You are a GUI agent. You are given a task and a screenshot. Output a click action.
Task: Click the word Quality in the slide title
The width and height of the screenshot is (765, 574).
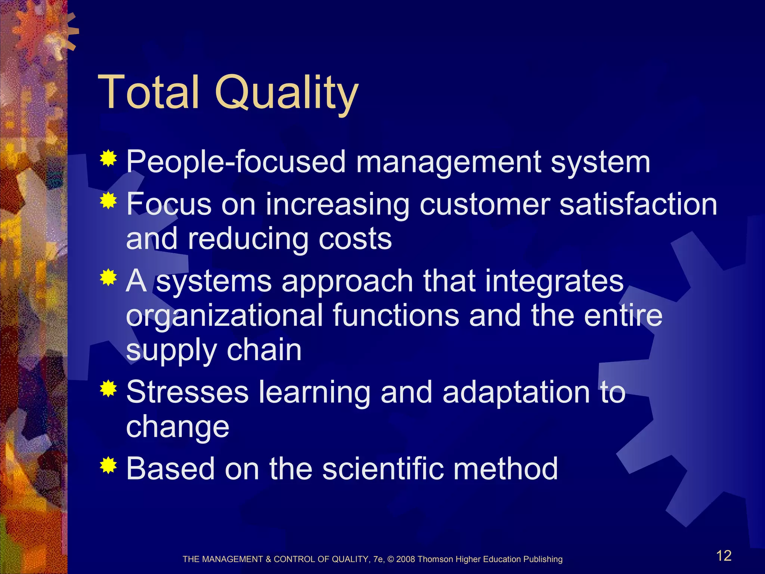(x=286, y=93)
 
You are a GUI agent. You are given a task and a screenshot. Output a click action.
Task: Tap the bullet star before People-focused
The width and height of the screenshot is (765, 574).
(x=108, y=158)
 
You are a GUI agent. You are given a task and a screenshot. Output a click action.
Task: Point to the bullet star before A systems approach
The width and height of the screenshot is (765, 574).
(x=108, y=277)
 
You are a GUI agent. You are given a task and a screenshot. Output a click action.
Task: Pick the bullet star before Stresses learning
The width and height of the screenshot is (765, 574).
(x=108, y=389)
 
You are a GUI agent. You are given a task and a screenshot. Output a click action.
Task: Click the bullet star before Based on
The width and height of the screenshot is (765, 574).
(x=108, y=465)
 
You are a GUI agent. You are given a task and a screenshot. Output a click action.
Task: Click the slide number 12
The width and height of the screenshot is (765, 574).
(x=724, y=556)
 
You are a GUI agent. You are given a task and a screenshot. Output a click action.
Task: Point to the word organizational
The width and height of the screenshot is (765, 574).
(x=224, y=316)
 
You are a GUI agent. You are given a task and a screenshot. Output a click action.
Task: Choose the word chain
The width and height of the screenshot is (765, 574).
(x=264, y=350)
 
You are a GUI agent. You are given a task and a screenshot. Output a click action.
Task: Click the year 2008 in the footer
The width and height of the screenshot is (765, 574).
(x=406, y=559)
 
